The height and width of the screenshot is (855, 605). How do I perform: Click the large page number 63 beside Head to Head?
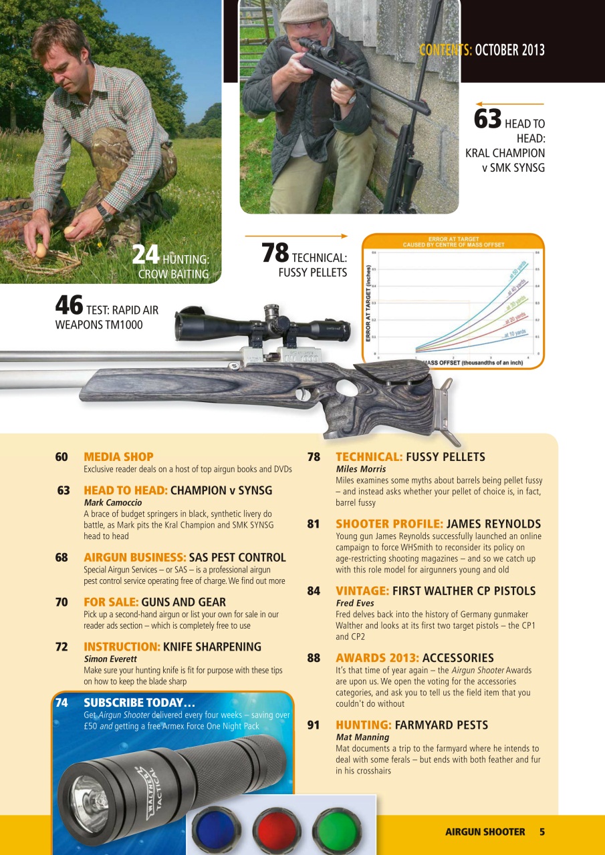[487, 119]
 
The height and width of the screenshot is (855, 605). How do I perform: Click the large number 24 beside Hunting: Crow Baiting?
[145, 254]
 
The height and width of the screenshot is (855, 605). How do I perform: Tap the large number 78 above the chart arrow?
[274, 252]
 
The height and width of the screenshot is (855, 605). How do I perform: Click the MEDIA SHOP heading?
[118, 457]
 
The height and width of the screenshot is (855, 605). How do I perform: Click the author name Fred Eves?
[355, 603]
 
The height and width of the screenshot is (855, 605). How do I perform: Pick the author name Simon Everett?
[110, 659]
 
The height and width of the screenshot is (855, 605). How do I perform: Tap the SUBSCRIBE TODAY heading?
[139, 703]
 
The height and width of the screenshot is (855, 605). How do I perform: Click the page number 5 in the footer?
[541, 832]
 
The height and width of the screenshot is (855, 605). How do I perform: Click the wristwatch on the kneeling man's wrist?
[104, 212]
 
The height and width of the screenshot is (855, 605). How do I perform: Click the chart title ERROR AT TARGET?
[453, 238]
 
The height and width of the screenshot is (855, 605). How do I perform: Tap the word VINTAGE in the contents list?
[362, 591]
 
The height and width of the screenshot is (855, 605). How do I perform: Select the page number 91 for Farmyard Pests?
[314, 725]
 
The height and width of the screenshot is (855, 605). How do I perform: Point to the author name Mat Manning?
[362, 737]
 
